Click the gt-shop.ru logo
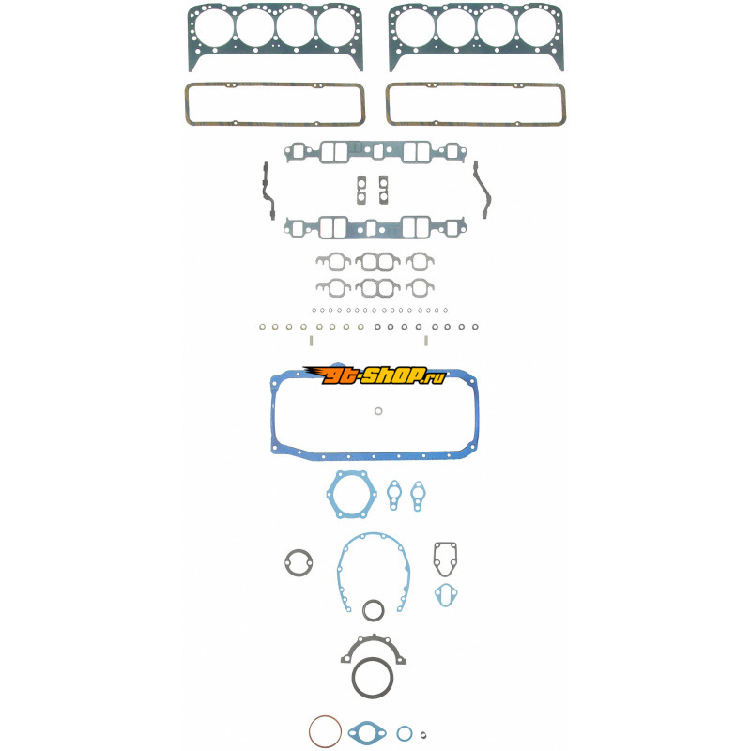(x=375, y=375)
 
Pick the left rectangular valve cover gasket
(x=275, y=84)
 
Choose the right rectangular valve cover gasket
(x=476, y=84)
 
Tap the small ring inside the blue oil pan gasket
(x=378, y=411)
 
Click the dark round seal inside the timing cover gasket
(x=373, y=600)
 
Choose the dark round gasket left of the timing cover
(x=286, y=562)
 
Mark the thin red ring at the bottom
(x=325, y=716)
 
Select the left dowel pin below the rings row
(x=311, y=341)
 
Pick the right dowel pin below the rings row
(x=426, y=341)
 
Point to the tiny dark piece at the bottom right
(x=423, y=735)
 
